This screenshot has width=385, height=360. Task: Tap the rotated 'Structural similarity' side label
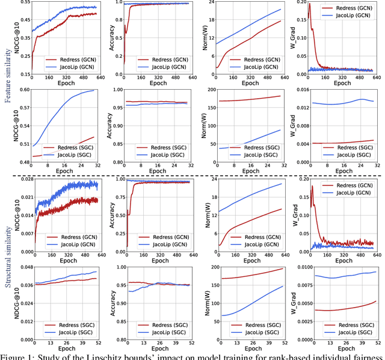coord(8,265)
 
